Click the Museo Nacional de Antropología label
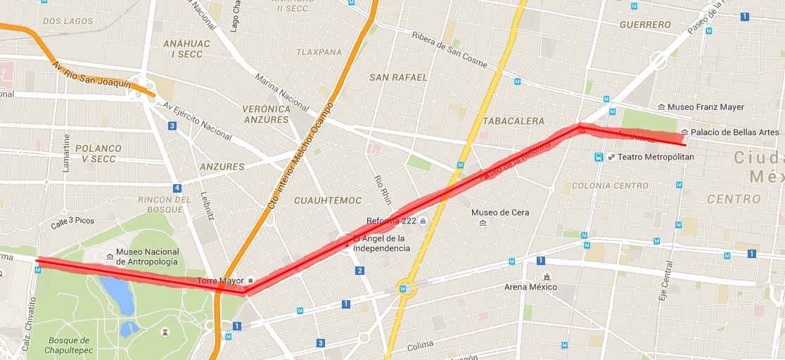click(x=148, y=257)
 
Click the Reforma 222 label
click(x=391, y=221)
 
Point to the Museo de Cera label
click(x=500, y=212)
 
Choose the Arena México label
click(x=530, y=287)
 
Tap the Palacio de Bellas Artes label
click(x=734, y=132)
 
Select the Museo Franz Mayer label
click(x=706, y=107)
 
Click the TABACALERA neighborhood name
click(x=513, y=121)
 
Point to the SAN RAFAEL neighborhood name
click(x=398, y=77)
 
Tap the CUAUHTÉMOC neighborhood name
click(x=328, y=200)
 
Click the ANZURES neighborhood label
click(x=222, y=167)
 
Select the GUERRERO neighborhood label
click(x=645, y=25)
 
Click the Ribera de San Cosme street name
click(x=449, y=51)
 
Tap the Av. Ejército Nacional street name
click(x=197, y=121)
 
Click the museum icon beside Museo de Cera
click(x=483, y=224)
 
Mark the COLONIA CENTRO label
click(x=610, y=186)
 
